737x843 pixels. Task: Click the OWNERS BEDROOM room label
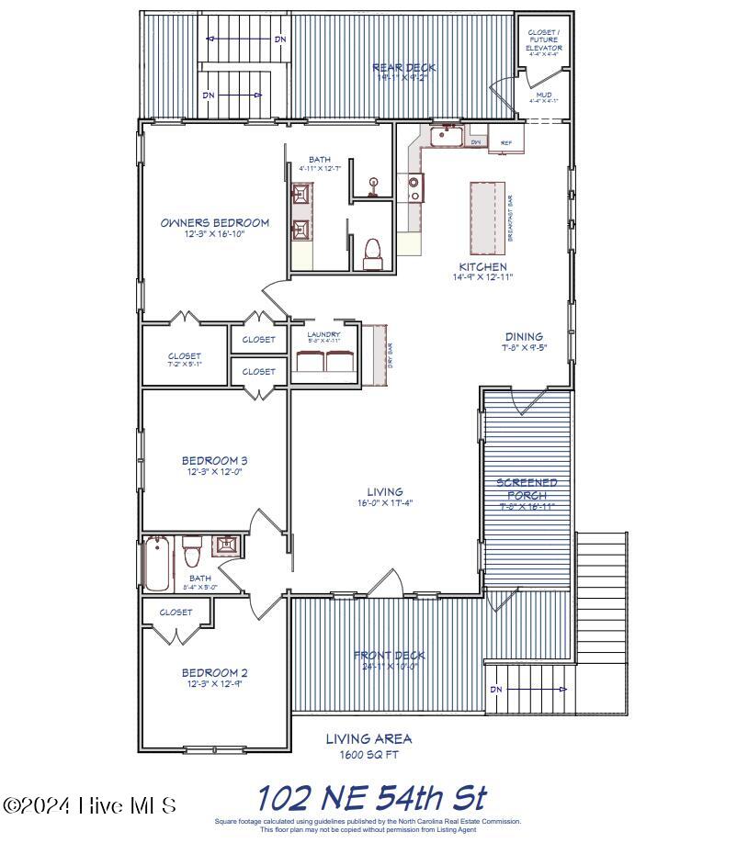(214, 223)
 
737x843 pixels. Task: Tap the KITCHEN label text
(482, 266)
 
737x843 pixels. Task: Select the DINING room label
(523, 337)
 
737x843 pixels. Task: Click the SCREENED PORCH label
(527, 489)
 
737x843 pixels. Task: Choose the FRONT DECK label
(390, 655)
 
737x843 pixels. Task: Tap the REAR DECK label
(403, 68)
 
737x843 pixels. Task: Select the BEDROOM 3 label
(214, 461)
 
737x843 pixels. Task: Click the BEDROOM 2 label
(214, 672)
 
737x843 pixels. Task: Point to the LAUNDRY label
(323, 335)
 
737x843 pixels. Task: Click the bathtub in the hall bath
(158, 564)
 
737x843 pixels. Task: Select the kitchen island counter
(489, 219)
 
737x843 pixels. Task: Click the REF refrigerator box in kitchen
(505, 142)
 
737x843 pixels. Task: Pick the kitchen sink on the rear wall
(447, 137)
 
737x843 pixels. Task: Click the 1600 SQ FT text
(368, 756)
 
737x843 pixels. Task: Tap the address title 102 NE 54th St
(370, 797)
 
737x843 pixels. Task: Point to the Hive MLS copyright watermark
(89, 805)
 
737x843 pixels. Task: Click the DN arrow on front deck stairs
(527, 690)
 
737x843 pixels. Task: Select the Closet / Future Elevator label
(542, 40)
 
